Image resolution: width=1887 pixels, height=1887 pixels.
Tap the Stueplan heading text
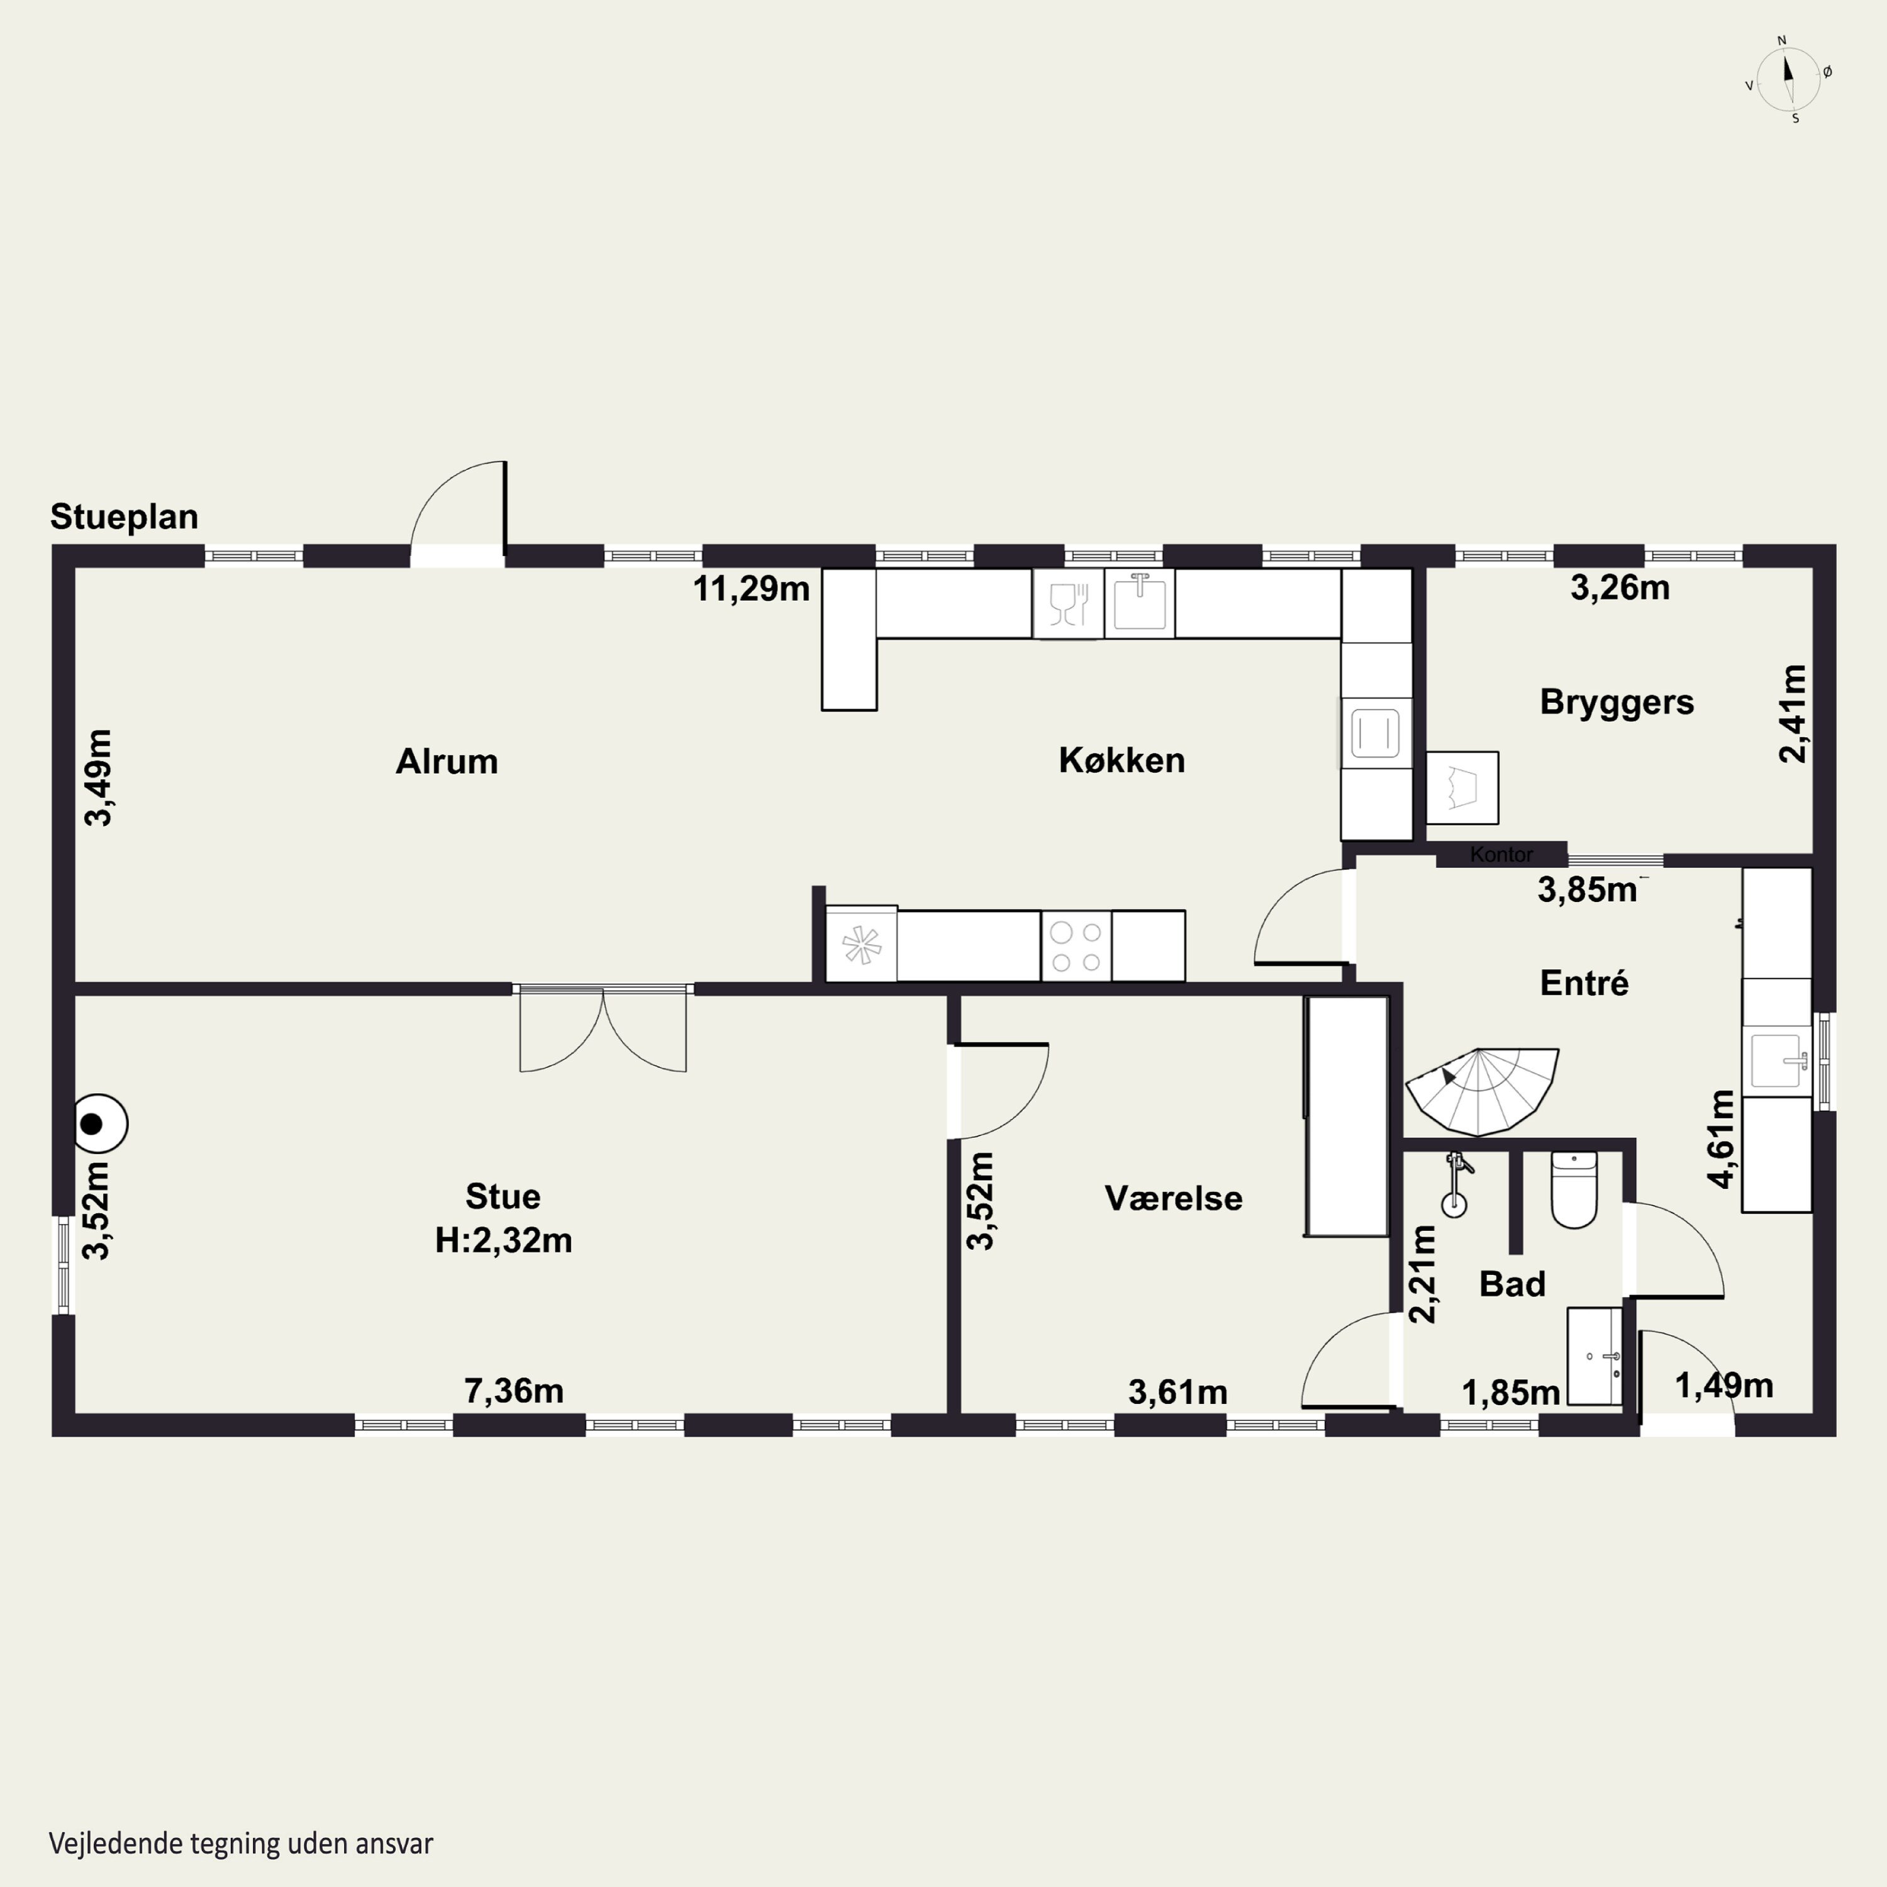[124, 516]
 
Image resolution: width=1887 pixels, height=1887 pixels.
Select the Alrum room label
[447, 761]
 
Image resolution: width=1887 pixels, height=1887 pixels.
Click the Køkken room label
[1122, 760]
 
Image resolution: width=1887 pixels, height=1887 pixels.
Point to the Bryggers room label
[1617, 702]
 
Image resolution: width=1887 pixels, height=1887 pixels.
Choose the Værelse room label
[1173, 1198]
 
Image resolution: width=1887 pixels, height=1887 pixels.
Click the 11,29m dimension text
[751, 588]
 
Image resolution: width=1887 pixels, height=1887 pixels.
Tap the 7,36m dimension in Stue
[514, 1391]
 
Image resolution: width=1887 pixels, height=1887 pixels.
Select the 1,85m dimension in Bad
[1510, 1393]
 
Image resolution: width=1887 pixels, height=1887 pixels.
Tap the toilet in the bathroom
[1574, 1189]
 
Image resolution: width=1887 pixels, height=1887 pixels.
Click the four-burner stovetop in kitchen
[1076, 945]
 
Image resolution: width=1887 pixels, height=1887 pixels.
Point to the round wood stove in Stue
[101, 1124]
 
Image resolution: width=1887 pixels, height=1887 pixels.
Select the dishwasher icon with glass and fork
[1067, 604]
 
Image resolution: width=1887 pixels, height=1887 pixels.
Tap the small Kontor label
[1501, 855]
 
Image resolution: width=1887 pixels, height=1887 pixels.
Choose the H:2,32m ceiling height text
[503, 1240]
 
